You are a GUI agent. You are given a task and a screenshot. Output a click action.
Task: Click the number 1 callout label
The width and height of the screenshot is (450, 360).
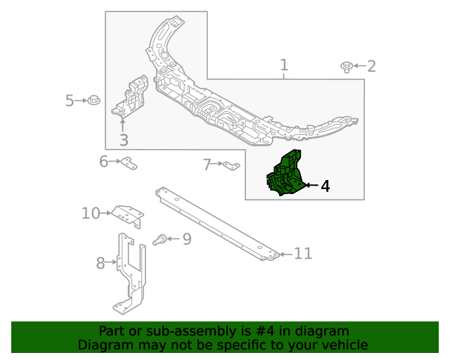point(284,66)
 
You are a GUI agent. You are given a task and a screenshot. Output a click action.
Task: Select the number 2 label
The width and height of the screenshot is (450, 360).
point(371,67)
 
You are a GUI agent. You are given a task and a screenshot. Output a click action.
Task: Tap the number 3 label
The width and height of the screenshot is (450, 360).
point(123,141)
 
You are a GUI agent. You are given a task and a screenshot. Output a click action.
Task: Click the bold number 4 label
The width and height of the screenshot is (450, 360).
point(325,186)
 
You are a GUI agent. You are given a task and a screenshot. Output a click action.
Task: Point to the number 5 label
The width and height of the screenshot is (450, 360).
point(70,101)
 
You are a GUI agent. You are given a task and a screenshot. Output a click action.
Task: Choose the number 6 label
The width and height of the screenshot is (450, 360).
point(104,162)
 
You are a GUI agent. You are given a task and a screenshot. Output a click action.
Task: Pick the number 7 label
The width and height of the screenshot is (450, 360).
point(207,165)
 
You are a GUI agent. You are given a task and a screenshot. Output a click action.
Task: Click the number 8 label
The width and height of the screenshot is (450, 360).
point(101,263)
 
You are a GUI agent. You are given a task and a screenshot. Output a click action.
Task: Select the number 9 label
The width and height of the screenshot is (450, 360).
point(186,239)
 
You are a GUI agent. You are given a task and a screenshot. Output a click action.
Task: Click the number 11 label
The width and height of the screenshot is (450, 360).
point(303,254)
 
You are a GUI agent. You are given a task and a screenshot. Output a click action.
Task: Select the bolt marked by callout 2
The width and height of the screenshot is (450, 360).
point(347,67)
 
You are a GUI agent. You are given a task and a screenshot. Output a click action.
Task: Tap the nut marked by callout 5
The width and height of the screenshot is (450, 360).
point(95,101)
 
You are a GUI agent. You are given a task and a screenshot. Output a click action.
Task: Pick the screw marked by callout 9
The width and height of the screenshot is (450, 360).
point(160,240)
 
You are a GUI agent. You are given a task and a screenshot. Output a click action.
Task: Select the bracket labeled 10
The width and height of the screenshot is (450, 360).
point(128,214)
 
